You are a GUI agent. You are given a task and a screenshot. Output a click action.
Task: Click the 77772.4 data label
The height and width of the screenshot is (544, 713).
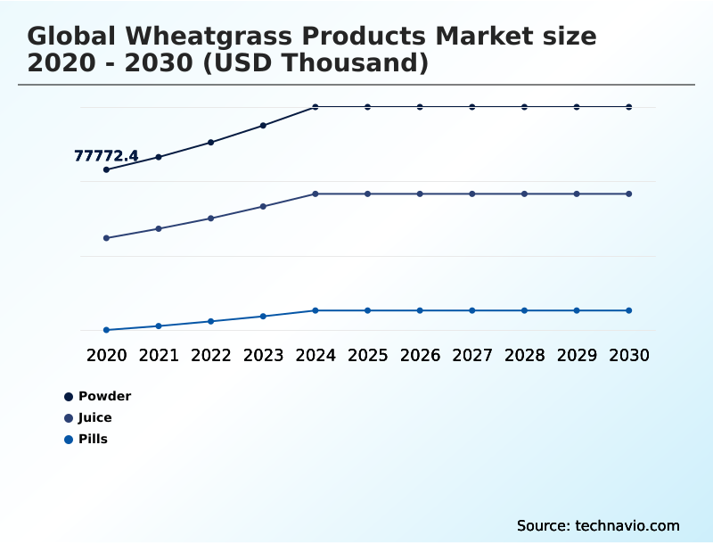tap(105, 156)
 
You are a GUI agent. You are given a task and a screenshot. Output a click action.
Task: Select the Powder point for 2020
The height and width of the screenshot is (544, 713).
tap(106, 169)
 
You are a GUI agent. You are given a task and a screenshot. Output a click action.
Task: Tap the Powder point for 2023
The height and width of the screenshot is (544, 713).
tap(263, 125)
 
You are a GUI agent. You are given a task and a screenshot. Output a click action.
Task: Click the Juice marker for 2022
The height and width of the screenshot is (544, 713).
tap(211, 218)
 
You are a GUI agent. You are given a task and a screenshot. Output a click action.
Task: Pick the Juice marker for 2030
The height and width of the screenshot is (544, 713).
tap(629, 194)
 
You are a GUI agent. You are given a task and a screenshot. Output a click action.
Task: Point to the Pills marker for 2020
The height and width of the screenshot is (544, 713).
tap(106, 330)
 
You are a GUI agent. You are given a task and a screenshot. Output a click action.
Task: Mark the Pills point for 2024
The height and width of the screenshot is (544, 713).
tap(316, 310)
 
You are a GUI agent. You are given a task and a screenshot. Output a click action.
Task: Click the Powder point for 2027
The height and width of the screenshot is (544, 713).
tap(472, 107)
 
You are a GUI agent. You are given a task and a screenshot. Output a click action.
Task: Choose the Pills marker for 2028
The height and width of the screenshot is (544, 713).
tap(525, 310)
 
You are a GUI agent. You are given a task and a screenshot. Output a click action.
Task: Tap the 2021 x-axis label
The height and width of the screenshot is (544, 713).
tap(159, 355)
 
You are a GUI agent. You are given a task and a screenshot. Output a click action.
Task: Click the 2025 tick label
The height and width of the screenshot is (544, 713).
tap(368, 355)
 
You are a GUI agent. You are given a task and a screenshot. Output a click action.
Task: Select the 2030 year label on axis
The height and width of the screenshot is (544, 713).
tap(629, 355)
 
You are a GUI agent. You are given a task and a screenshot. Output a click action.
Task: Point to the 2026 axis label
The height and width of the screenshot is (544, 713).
tap(420, 355)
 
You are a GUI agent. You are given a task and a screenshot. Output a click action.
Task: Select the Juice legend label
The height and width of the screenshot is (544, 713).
tap(94, 417)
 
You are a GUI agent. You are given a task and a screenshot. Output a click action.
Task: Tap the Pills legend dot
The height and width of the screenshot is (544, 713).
tap(69, 439)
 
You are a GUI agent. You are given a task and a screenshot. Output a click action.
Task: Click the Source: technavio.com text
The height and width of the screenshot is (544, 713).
tap(598, 525)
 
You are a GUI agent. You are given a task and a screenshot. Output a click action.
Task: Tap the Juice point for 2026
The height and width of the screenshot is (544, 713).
tap(420, 194)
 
